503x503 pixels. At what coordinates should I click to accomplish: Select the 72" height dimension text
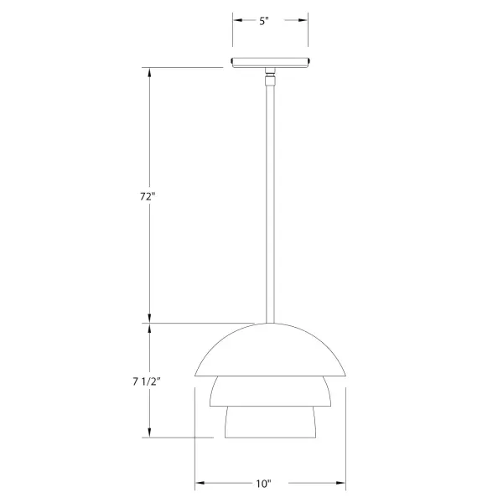coord(148,196)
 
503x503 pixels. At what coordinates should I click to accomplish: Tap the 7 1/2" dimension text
coord(145,381)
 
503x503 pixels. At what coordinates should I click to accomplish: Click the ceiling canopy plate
coord(271,61)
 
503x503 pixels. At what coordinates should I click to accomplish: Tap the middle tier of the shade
coord(271,392)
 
